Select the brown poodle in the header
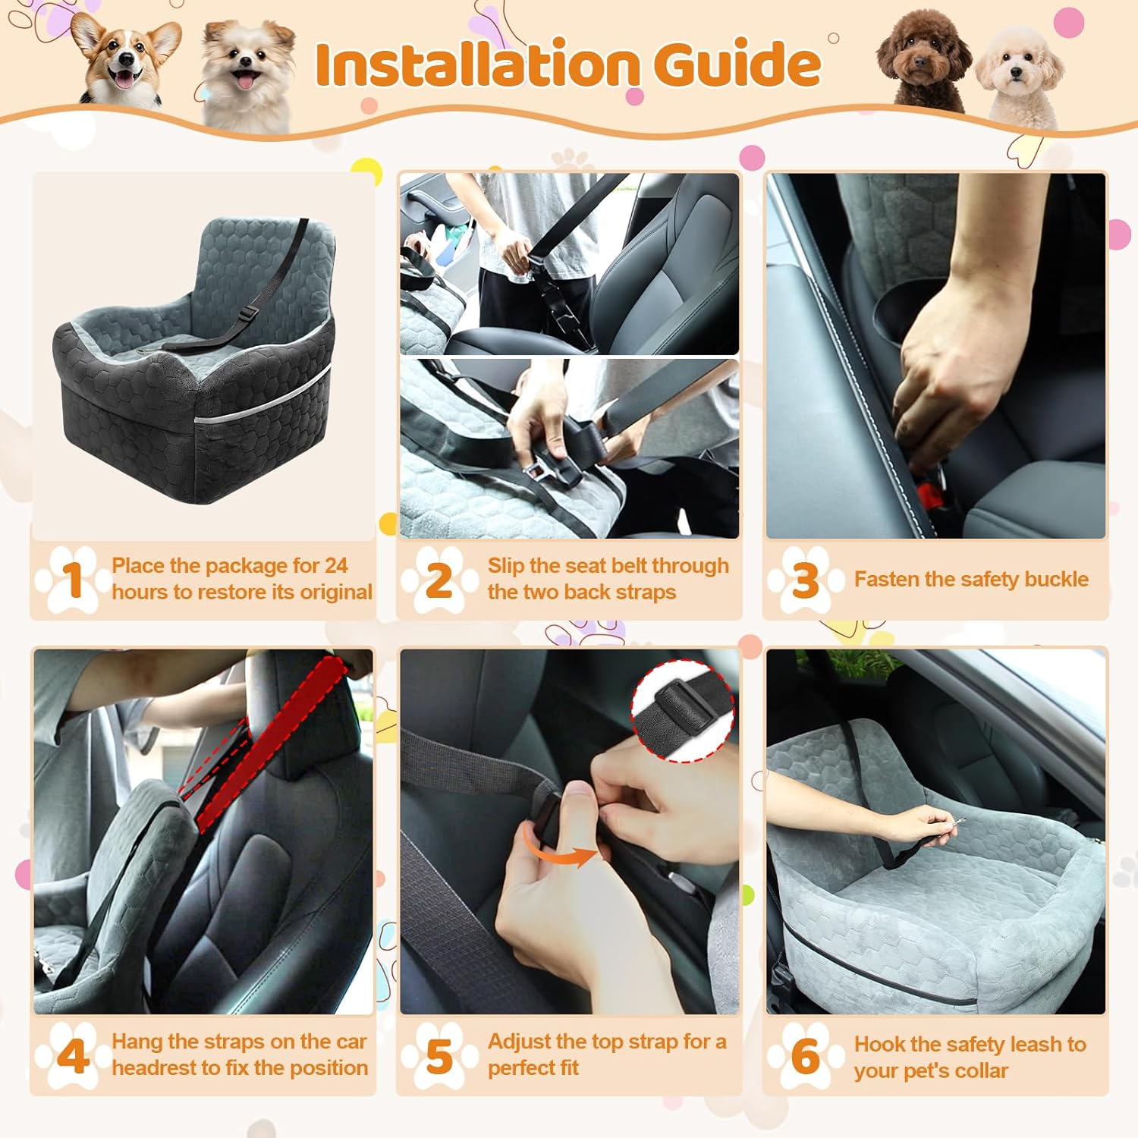coord(923,64)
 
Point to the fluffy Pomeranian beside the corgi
coord(247,72)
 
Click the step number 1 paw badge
coord(72,580)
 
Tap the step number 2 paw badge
coord(439,580)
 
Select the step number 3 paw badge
coord(805,580)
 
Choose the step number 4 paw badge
coord(72,1055)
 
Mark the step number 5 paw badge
coord(439,1055)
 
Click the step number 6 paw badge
coord(805,1055)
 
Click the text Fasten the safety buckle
coord(971,580)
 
